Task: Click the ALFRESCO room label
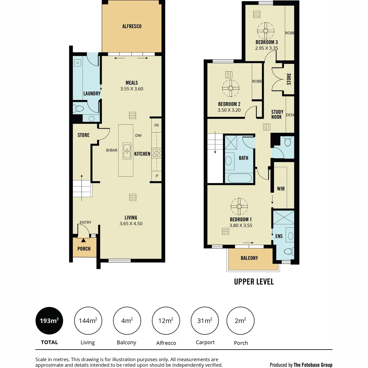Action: click(132, 26)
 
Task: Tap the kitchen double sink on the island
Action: click(127, 151)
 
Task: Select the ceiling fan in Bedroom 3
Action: click(266, 31)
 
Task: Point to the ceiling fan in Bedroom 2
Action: click(231, 88)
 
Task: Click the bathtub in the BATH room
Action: click(240, 178)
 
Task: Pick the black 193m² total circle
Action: click(49, 321)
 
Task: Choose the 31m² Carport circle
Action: click(205, 321)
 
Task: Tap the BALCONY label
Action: click(249, 258)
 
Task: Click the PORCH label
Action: click(84, 249)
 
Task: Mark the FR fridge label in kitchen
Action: click(157, 125)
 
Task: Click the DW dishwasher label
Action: click(138, 136)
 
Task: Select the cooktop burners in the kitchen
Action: click(156, 153)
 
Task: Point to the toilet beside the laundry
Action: click(79, 109)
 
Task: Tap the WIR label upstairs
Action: click(281, 189)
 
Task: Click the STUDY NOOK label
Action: click(277, 114)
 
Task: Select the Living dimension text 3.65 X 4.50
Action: click(131, 224)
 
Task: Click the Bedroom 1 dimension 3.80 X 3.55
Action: click(241, 225)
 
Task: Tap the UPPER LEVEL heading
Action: click(254, 282)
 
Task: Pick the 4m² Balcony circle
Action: click(127, 321)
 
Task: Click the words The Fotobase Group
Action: click(313, 365)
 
